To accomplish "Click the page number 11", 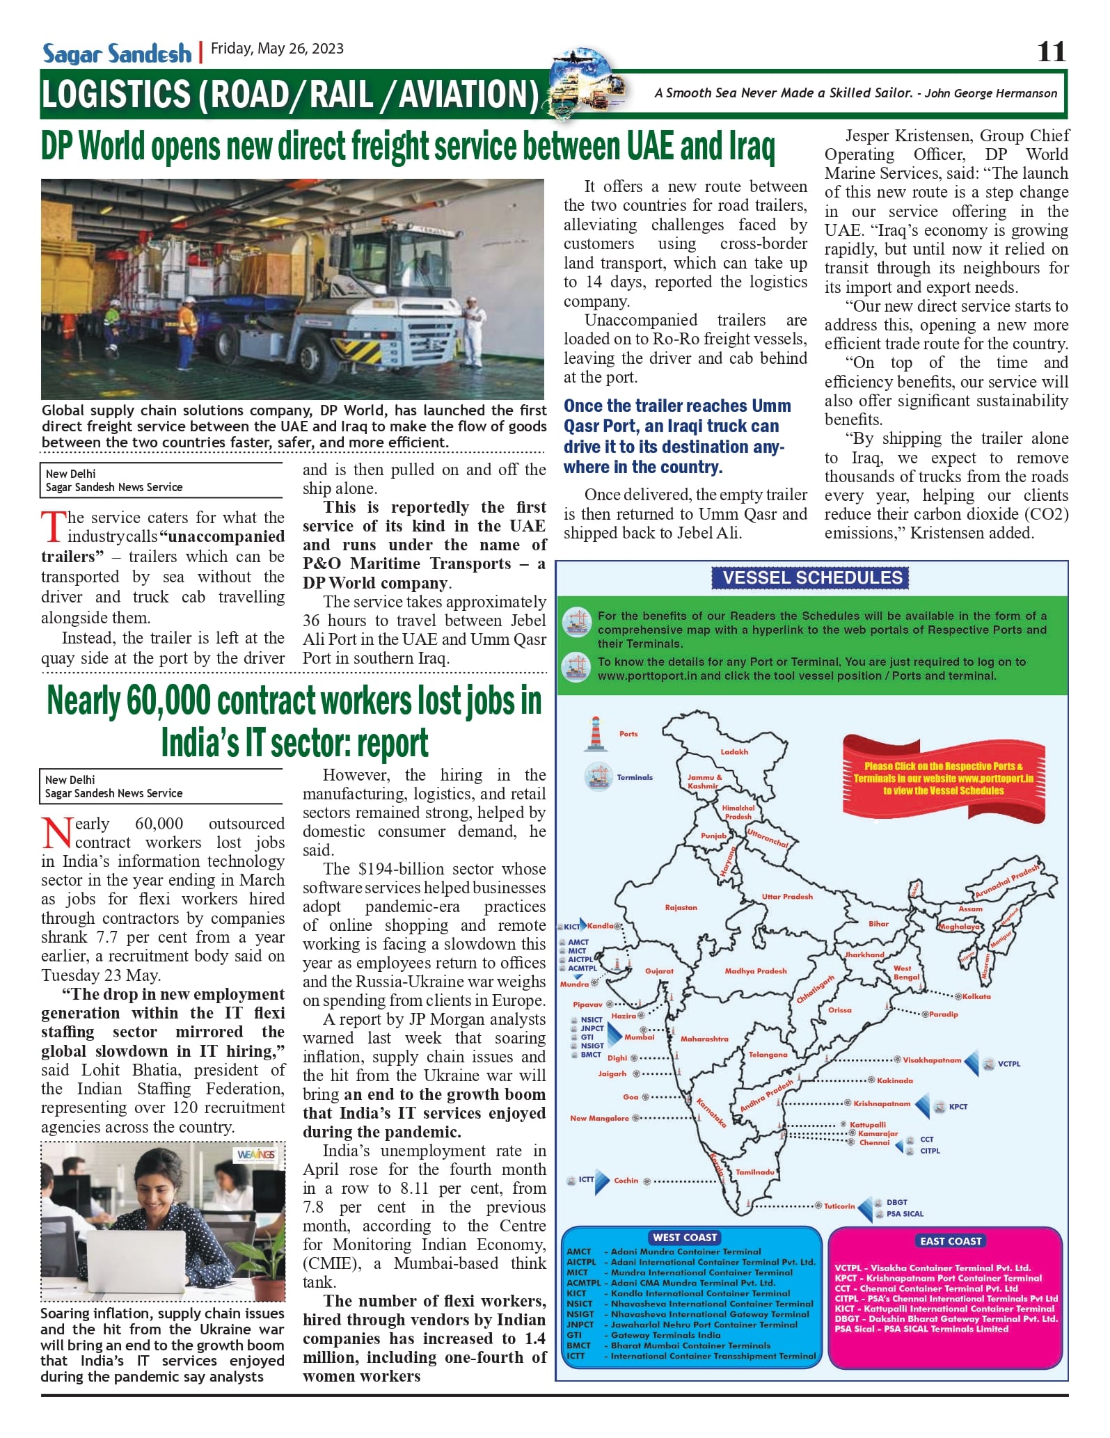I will coord(1051,51).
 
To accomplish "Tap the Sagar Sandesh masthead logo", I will coord(117,54).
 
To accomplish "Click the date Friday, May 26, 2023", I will coord(277,49).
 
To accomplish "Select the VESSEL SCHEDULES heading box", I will coord(812,577).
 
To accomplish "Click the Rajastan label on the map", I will coord(681,907).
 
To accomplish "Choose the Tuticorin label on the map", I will coord(839,1206).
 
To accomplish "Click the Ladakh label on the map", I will coord(734,751).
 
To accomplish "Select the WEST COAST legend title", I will coord(685,1237).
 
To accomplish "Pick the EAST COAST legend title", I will coord(951,1240).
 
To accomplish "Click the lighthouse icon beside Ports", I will coord(595,733).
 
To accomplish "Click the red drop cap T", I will coord(53,527).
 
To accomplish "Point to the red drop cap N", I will coord(56,833).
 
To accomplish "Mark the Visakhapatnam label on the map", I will coord(931,1060).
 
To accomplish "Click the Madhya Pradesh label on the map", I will coord(755,970).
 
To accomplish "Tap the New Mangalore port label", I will coord(599,1118).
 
